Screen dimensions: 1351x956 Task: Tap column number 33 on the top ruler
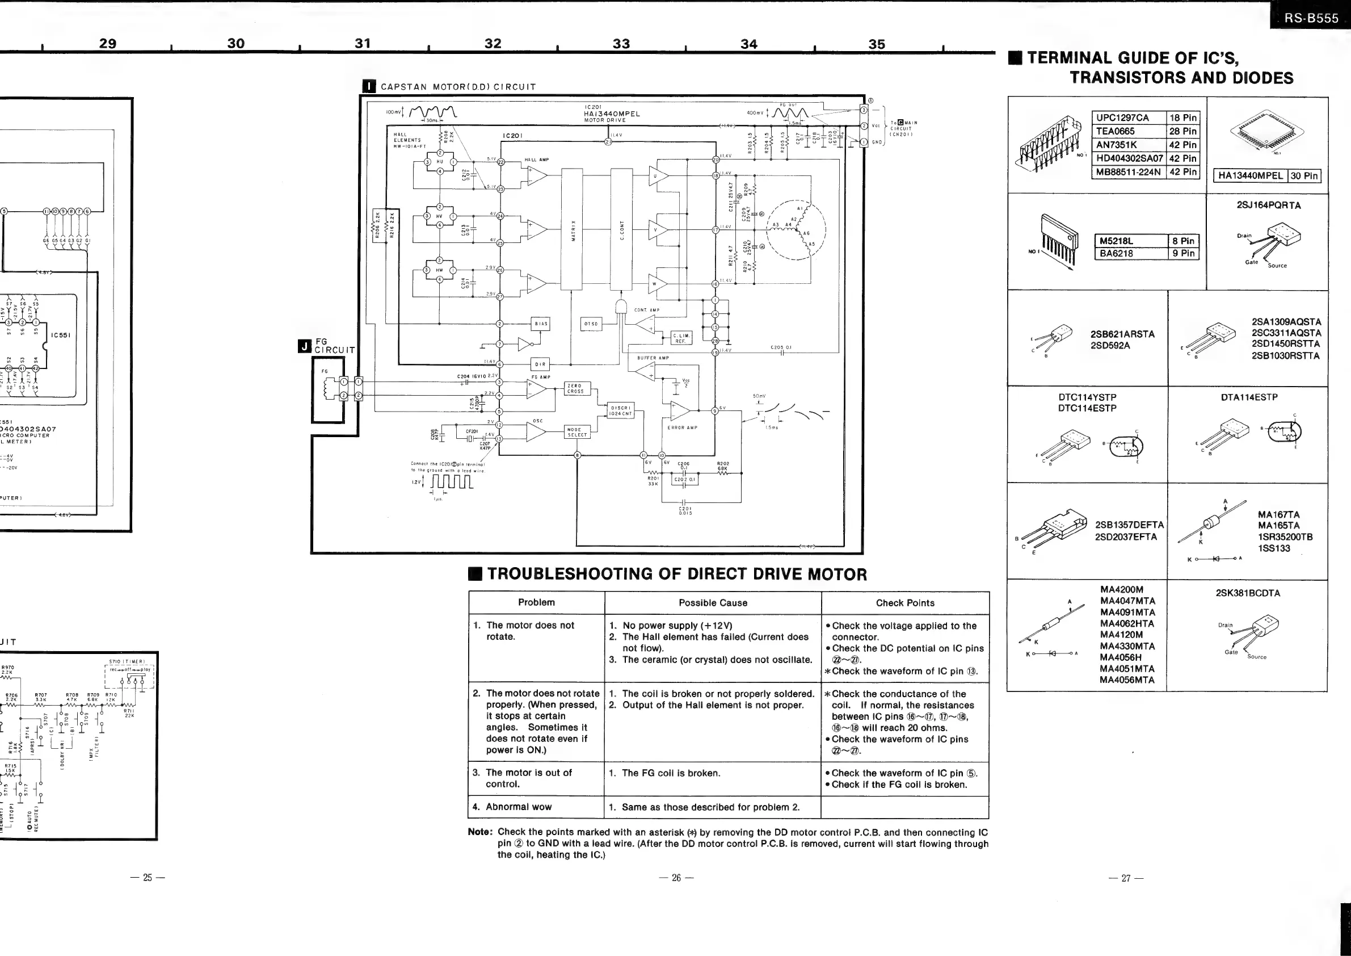click(621, 44)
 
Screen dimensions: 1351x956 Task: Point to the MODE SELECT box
click(576, 432)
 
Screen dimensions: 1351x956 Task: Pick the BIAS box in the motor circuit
click(540, 324)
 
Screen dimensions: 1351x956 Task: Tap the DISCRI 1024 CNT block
click(621, 411)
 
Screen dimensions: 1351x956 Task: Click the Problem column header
click(536, 602)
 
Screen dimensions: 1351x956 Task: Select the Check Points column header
click(904, 603)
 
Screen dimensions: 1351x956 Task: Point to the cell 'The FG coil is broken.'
click(671, 773)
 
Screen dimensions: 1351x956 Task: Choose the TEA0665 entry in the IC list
click(1115, 131)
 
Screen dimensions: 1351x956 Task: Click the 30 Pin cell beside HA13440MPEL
click(1303, 176)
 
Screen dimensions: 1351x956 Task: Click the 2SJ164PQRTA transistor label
click(1268, 206)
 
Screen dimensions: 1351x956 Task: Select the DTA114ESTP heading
click(1249, 397)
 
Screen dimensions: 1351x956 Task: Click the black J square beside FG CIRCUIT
click(305, 346)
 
